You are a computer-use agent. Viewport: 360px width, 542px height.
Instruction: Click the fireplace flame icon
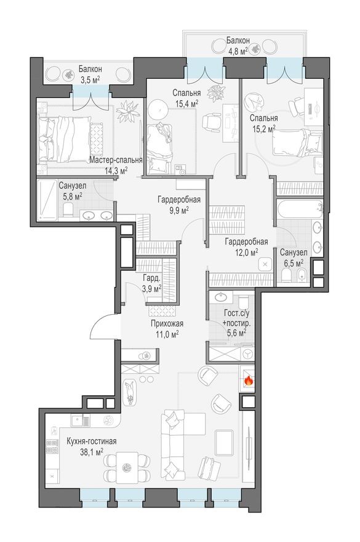[x=248, y=381]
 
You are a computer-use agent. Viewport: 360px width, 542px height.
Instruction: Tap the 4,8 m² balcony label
[x=236, y=46]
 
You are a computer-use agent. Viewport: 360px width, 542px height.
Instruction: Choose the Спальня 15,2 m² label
[x=263, y=123]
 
